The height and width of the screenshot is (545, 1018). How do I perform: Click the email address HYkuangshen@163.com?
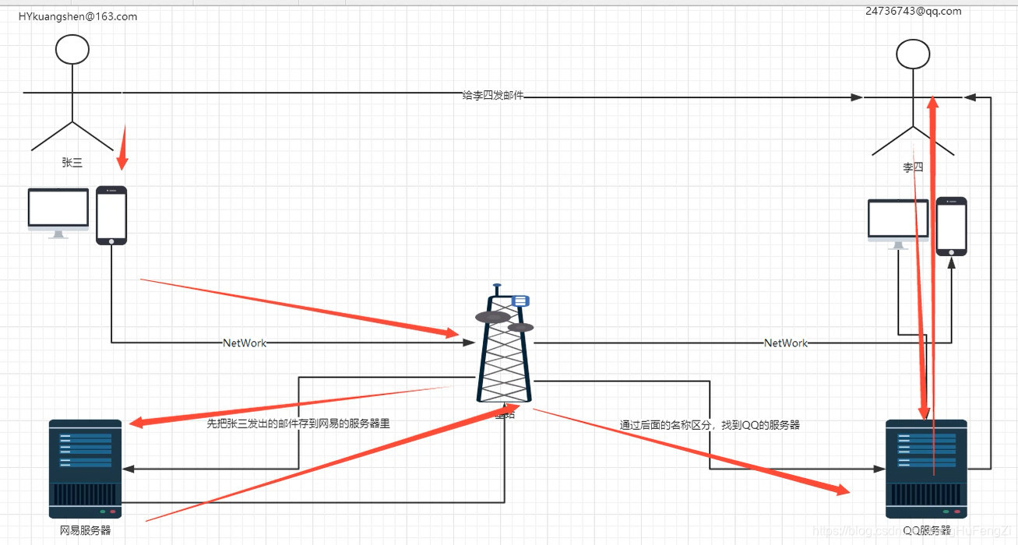point(78,16)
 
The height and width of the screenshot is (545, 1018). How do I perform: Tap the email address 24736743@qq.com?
point(913,11)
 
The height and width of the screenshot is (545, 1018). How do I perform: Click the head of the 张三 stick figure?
point(72,50)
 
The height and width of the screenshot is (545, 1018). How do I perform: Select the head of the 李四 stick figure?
point(913,54)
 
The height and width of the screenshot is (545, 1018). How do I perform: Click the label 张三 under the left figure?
point(72,163)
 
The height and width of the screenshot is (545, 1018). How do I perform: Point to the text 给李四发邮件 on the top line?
point(493,95)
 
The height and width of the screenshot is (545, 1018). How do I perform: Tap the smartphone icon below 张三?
point(111,216)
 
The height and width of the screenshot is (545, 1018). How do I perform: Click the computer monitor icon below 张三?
point(58,212)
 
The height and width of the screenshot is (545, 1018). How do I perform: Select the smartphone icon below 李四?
point(951,226)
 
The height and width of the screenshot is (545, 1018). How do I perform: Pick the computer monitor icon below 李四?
point(898,223)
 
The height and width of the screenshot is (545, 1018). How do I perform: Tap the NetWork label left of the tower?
point(245,343)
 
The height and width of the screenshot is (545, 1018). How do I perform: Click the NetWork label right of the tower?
point(786,343)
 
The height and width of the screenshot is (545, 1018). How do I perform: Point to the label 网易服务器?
point(86,530)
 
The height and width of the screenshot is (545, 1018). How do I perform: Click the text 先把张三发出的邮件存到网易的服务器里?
point(298,424)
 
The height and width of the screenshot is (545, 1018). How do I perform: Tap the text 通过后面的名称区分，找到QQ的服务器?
point(710,425)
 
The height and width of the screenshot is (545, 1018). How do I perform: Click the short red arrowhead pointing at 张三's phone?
point(122,162)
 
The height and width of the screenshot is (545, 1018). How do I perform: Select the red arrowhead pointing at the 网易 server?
point(136,423)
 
